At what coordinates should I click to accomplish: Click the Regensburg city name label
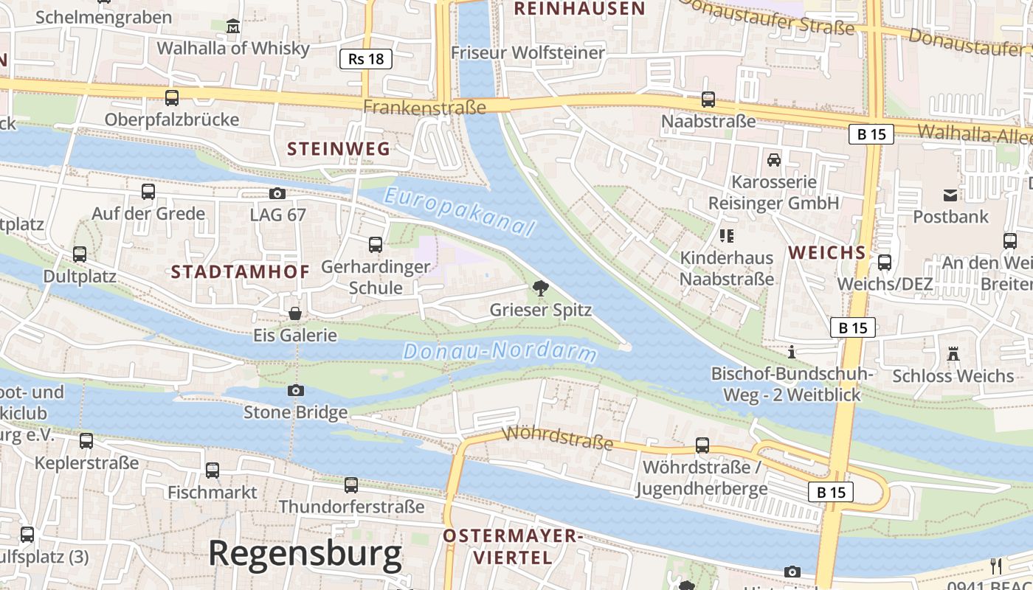coord(305,553)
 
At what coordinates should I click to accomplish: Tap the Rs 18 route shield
coord(366,59)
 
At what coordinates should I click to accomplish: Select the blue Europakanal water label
coord(459,212)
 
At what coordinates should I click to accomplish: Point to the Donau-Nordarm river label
coord(500,351)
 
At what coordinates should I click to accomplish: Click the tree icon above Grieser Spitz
coord(541,288)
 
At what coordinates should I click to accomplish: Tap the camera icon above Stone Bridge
coord(296,390)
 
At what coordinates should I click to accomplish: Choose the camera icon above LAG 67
coord(277,193)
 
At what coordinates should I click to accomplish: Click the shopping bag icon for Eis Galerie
coord(295,313)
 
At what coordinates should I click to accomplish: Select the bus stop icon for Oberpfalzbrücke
coord(172,97)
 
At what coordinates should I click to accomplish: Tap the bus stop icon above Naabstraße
coord(708,99)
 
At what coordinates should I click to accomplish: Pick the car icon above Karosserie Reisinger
coord(773,159)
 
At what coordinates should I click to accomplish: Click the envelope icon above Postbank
coord(950,195)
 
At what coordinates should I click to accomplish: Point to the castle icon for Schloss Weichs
coord(953,354)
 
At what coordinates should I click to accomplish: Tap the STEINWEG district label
coord(339,149)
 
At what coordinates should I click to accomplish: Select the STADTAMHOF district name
coord(241,272)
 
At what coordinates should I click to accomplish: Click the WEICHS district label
coord(826,253)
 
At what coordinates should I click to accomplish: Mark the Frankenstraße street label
coord(424,108)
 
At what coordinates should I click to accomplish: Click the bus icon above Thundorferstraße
coord(351,485)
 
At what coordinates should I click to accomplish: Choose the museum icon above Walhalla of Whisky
coord(233,27)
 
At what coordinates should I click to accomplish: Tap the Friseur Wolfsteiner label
coord(528,53)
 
